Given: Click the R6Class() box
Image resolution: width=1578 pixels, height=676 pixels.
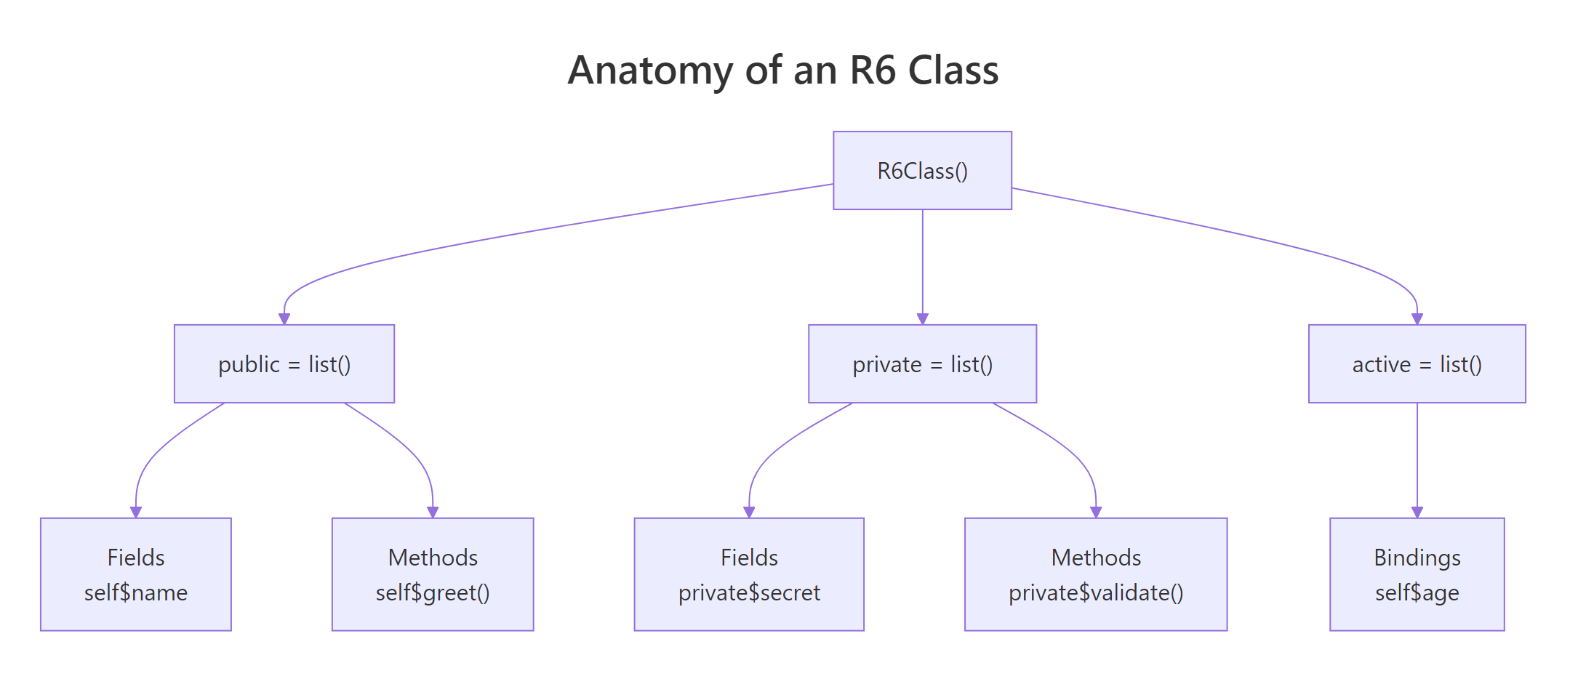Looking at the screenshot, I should point(922,171).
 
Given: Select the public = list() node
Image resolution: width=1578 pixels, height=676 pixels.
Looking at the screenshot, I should point(284,364).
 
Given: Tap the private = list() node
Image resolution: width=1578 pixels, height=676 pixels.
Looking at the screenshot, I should point(922,364).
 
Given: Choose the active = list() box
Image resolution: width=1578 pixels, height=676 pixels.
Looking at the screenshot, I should point(1417,364).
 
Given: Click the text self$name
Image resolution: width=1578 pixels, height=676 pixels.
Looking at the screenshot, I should point(136,593).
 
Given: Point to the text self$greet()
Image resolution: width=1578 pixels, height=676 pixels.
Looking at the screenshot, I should point(433,593).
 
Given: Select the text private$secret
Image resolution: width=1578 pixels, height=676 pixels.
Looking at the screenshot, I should point(749,593).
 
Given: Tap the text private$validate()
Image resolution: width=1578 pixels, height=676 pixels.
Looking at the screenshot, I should point(1096,593).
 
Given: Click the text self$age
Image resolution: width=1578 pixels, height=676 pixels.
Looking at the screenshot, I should point(1417,593).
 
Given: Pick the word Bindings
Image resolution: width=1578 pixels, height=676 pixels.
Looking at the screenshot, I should point(1417,558).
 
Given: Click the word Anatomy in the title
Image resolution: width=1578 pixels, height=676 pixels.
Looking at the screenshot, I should point(650,71).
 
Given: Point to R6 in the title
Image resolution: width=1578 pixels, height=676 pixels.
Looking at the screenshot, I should point(873,71).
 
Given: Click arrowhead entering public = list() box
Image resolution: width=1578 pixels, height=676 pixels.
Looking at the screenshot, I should point(284,319).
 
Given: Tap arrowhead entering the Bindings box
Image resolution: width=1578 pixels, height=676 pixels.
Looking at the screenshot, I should point(1417,512).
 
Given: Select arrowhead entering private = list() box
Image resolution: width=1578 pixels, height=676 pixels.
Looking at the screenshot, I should point(922,319).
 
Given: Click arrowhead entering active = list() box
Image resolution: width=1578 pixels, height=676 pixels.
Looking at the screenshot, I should point(1417,319).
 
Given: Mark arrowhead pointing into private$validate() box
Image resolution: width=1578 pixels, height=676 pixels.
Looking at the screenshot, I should point(1096,512).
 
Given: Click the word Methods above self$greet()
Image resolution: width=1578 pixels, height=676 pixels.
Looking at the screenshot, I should point(433,558).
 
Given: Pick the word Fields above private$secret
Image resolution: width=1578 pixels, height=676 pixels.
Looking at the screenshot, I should point(749,558).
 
